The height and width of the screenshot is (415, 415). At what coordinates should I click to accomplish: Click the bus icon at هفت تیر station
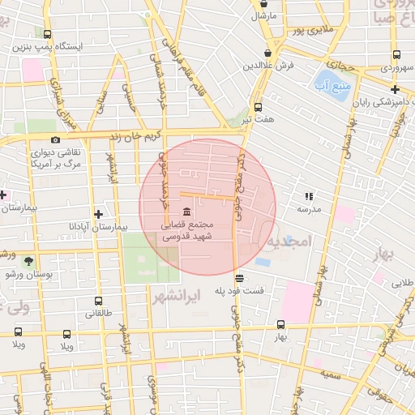tap(258, 107)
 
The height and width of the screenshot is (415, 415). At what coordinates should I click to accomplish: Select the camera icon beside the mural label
tap(55, 139)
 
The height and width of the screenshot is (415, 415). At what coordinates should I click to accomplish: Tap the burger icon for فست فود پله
tap(238, 278)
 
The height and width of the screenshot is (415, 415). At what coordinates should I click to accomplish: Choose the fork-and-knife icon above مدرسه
tap(308, 196)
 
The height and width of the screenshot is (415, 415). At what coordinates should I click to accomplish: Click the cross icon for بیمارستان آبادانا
tap(99, 215)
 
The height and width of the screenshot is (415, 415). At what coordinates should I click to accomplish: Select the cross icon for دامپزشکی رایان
tap(395, 90)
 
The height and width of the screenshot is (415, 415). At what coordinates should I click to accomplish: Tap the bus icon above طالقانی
tap(98, 301)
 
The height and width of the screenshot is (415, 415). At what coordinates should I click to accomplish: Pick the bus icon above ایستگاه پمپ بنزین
tap(47, 35)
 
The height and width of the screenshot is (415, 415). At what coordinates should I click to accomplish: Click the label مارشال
tap(264, 15)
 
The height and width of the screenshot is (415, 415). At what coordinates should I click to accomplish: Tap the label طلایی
tap(403, 283)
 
